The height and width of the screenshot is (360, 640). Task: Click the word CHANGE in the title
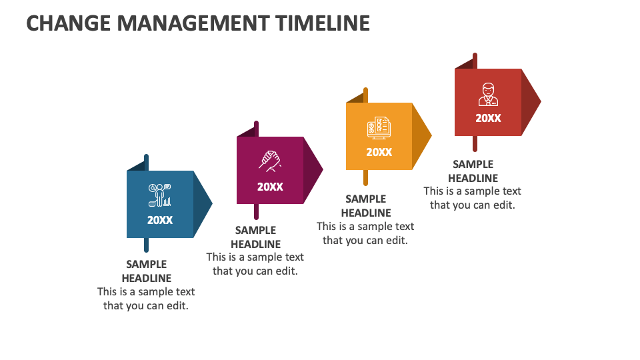68,23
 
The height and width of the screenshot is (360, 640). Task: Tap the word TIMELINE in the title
323,23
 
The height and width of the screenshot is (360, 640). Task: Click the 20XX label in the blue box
160,221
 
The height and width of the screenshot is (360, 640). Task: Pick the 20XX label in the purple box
270,187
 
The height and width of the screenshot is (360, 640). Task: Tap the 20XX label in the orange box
379,152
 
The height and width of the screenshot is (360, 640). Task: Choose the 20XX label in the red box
488,119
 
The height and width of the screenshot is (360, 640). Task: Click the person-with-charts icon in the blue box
159,195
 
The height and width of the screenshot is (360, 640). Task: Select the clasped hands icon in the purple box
270,161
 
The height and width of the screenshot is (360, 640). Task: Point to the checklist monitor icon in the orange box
379,128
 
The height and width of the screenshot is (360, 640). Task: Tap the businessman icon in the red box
488,94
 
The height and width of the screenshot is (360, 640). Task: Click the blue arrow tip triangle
203,204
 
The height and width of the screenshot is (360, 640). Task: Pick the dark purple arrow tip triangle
313,169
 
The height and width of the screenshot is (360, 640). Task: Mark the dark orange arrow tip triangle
421,135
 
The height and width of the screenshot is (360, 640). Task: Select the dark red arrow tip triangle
531,101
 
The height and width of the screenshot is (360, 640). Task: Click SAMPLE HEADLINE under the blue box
147,271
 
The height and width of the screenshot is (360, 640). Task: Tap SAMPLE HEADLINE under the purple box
256,237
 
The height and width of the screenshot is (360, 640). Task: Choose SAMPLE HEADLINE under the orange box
366,206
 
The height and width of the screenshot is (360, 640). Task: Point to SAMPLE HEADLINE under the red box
473,171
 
